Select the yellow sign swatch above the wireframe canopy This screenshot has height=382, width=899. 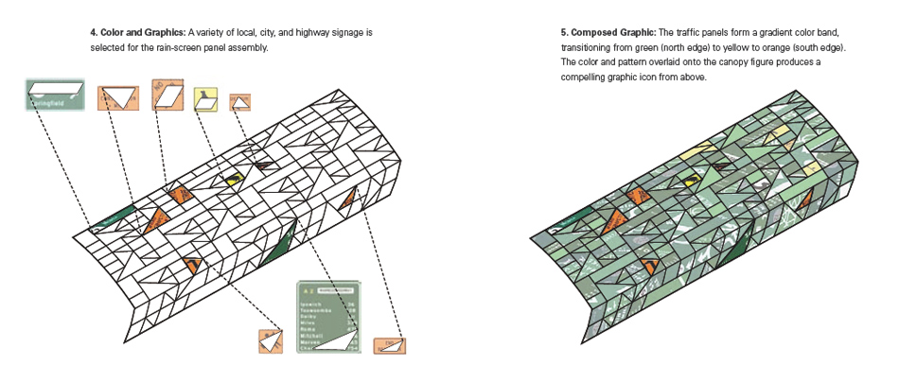pos(206,99)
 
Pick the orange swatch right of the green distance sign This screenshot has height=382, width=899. pos(389,346)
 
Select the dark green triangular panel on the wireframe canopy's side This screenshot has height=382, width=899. pos(278,245)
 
